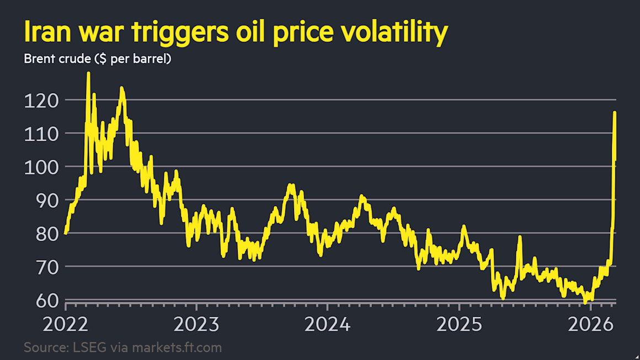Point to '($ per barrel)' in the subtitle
click(x=132, y=59)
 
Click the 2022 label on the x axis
click(x=66, y=324)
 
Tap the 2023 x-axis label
click(x=196, y=324)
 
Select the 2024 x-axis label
click(x=328, y=324)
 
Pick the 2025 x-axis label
click(x=459, y=324)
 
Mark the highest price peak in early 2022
click(x=88, y=74)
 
